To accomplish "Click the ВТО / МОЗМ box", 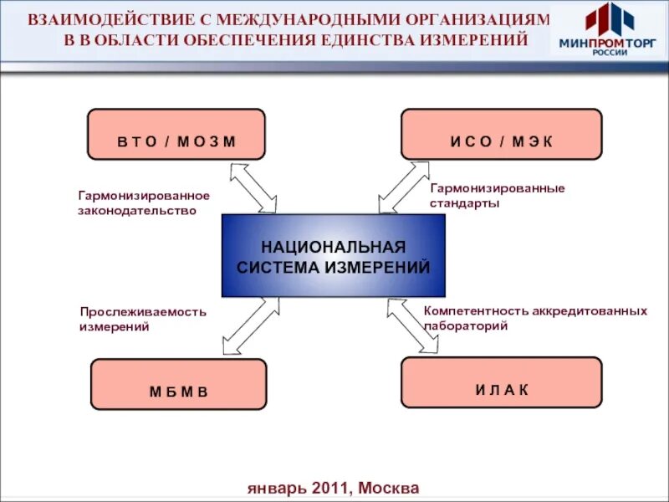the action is point(176,134).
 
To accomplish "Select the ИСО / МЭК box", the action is point(501,134).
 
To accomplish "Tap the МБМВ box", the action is point(178,384).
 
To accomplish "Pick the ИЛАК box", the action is point(501,382).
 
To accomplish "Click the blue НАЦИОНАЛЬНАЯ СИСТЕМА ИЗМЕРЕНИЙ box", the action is point(333,256).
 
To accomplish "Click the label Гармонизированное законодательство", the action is point(144,202).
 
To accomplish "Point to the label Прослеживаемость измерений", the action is point(142,319).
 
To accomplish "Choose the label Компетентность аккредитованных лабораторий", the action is point(535,318).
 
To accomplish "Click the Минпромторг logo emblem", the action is point(608,18).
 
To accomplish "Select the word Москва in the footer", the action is point(388,488).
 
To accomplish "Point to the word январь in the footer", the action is point(278,488).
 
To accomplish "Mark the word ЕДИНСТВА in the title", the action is point(391,39).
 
